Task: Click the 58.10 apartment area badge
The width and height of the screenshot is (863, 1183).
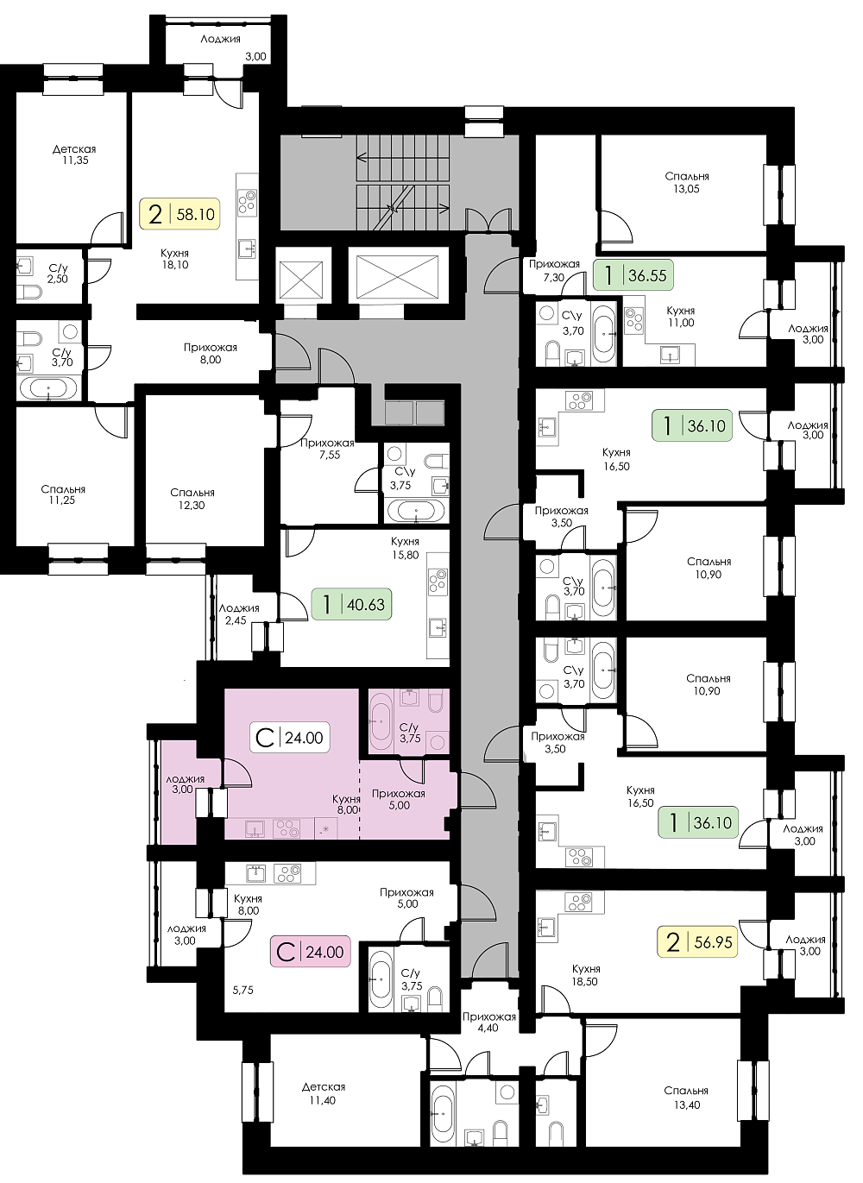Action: pyautogui.click(x=180, y=214)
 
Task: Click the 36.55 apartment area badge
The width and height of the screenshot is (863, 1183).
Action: pyautogui.click(x=633, y=274)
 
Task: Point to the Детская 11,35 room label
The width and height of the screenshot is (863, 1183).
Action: pyautogui.click(x=74, y=154)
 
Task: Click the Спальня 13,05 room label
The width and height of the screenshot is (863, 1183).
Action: pyautogui.click(x=687, y=183)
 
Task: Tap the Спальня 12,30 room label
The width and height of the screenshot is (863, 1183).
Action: pyautogui.click(x=192, y=499)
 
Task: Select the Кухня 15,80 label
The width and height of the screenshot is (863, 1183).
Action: pyautogui.click(x=405, y=548)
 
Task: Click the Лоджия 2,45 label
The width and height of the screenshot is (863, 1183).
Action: pyautogui.click(x=239, y=614)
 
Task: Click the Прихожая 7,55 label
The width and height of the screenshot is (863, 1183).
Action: pyautogui.click(x=327, y=449)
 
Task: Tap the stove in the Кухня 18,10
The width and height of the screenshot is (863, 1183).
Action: pyautogui.click(x=247, y=202)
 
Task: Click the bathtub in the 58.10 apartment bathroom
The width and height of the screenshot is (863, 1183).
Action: pyautogui.click(x=48, y=388)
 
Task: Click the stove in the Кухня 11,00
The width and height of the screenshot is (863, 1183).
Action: pyautogui.click(x=633, y=321)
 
